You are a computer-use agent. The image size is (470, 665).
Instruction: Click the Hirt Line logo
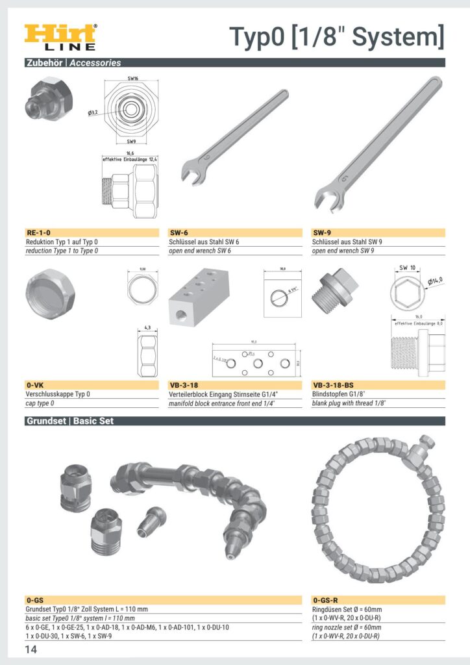60,37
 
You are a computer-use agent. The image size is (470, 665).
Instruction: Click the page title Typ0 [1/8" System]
337,36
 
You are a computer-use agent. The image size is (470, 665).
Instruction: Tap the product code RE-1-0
38,232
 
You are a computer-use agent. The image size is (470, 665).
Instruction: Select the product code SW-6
179,232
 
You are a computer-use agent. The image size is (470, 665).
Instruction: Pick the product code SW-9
323,232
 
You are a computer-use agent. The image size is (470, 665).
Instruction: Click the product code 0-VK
35,385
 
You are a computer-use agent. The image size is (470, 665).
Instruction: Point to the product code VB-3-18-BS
334,385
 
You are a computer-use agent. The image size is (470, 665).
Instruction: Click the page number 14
31,650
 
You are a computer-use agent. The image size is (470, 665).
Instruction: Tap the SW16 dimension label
132,78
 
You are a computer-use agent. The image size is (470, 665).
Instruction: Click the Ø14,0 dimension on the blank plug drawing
436,281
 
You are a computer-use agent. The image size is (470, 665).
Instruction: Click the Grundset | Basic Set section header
69,421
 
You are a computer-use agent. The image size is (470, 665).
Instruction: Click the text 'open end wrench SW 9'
343,251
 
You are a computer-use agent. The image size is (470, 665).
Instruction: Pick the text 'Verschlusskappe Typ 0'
58,394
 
